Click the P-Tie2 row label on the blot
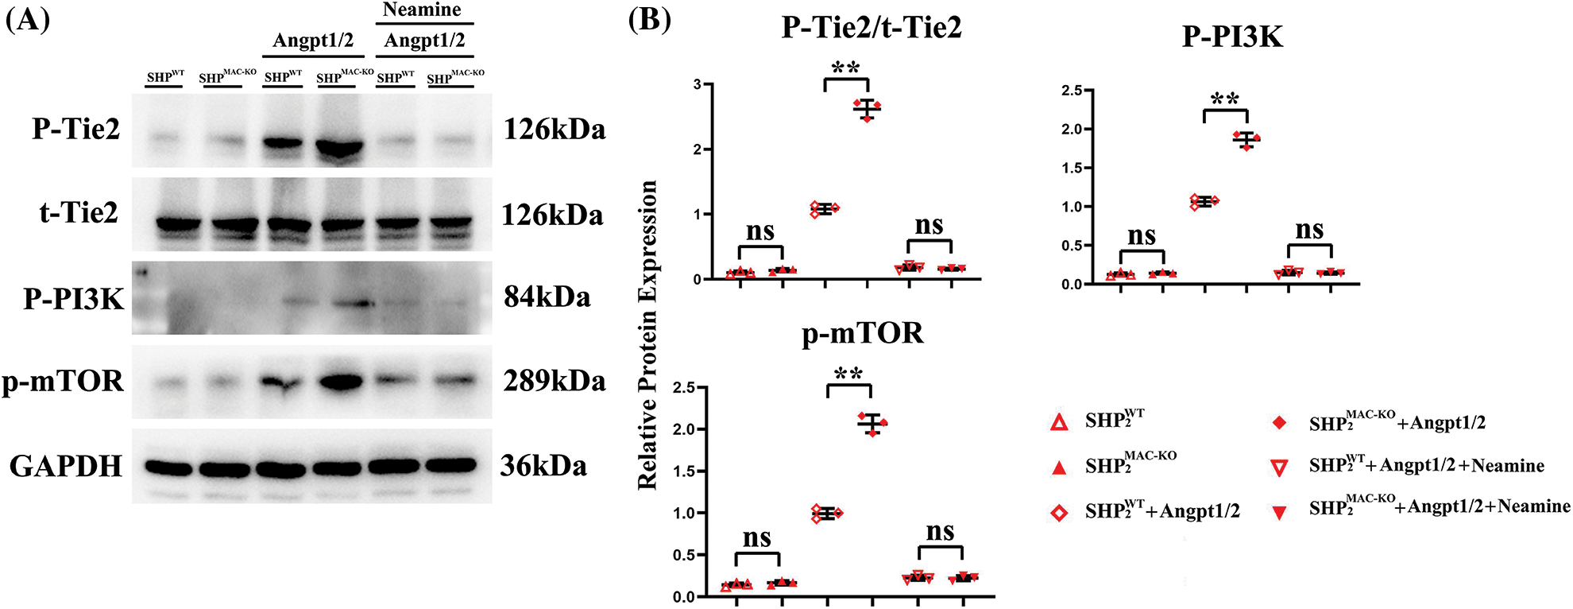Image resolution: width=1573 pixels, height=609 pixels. click(75, 129)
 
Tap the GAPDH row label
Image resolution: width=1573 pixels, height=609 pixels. click(66, 466)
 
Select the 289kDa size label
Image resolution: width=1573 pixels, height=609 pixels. click(555, 381)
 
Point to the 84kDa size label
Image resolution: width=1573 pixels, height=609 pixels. click(547, 297)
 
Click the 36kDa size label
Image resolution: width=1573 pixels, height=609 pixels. click(543, 466)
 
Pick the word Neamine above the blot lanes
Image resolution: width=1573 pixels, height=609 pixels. click(422, 10)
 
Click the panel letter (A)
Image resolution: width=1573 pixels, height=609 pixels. click(28, 19)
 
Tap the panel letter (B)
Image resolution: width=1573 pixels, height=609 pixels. click(649, 19)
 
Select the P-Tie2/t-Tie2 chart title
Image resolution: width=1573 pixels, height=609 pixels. click(872, 27)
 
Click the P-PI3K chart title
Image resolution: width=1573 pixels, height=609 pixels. click(1232, 37)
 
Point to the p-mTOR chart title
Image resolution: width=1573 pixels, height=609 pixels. click(863, 332)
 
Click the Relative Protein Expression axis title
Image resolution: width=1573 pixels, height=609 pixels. click(648, 335)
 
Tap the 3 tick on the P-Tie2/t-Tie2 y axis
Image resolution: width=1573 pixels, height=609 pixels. click(697, 84)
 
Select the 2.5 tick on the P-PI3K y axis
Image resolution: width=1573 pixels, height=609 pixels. click(1072, 91)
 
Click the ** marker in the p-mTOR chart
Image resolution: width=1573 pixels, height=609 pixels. click(848, 374)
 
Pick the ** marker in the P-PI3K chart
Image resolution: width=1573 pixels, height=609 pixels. click(1225, 99)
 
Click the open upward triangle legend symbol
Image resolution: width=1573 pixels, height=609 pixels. click(1059, 422)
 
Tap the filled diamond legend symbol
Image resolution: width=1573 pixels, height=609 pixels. click(1279, 423)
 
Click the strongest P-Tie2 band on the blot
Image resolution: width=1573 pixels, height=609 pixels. click(339, 148)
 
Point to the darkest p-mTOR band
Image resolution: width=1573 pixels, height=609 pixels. click(340, 382)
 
